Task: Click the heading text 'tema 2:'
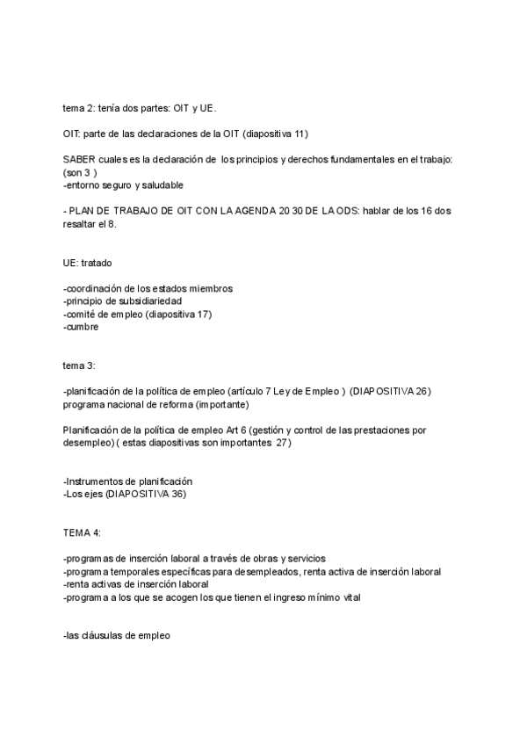(x=80, y=108)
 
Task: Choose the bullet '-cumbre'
(x=81, y=327)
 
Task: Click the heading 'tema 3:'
(x=80, y=365)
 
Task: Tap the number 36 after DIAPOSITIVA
(x=177, y=494)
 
